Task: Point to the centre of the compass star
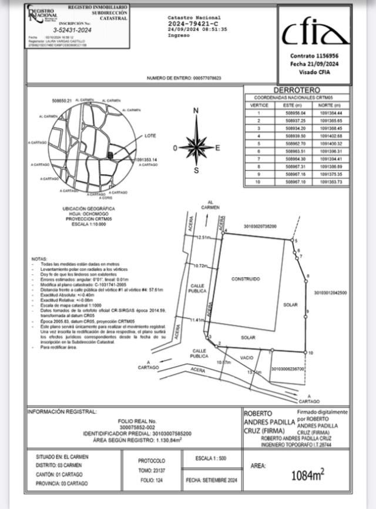coord(196,147)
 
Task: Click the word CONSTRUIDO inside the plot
coord(245,278)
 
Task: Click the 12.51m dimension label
coord(203,237)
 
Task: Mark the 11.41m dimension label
coord(198,320)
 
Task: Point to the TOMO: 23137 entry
coord(152,470)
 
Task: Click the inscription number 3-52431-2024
coord(73,29)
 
